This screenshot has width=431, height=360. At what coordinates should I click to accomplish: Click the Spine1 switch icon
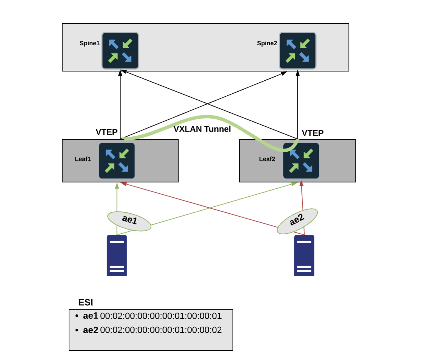point(120,51)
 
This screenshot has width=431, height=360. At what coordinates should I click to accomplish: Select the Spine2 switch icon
point(298,51)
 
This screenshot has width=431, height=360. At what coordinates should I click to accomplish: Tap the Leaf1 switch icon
point(117,161)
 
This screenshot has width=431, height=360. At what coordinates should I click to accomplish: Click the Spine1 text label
point(89,43)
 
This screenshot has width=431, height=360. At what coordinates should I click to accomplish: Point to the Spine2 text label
point(267,43)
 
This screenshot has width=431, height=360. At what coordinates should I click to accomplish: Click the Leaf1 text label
point(83,159)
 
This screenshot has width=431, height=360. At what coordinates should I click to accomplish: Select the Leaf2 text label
point(267,159)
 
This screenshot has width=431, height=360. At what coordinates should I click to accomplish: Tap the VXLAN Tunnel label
point(202,129)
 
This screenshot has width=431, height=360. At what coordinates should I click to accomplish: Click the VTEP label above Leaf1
point(106,132)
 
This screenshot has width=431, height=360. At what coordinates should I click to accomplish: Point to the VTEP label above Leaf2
point(313,133)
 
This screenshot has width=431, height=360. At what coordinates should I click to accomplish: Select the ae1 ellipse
point(129,221)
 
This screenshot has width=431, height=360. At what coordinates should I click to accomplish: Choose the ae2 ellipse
point(297,221)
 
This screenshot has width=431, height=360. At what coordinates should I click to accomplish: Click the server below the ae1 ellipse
point(117,255)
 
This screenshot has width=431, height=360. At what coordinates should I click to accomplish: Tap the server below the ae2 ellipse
point(304,255)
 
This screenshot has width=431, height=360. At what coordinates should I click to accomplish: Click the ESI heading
point(86,303)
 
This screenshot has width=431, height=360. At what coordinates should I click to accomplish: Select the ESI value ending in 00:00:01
point(161,316)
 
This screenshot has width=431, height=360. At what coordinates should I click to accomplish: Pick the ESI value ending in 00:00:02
point(161,330)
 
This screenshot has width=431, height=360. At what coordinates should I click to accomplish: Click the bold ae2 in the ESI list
point(90,330)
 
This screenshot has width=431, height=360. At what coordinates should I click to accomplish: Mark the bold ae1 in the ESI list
point(90,316)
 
